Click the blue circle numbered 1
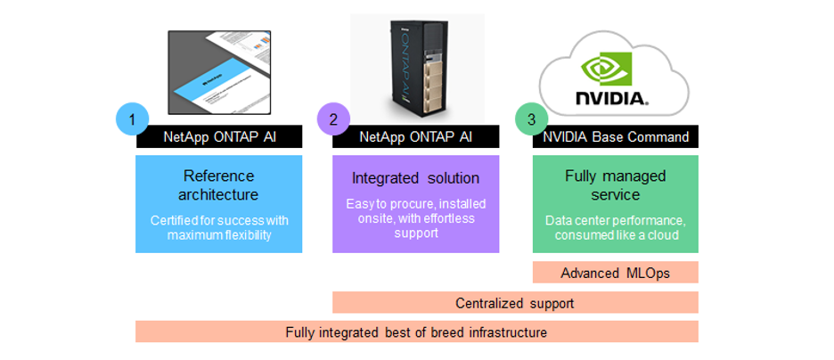pyautogui.click(x=132, y=119)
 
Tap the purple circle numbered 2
pyautogui.click(x=332, y=119)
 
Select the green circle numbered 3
pyautogui.click(x=532, y=119)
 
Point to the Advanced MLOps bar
pyautogui.click(x=615, y=273)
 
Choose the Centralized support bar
pyautogui.click(x=515, y=303)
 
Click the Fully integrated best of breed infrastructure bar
pyautogui.click(x=416, y=332)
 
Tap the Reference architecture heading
pyautogui.click(x=218, y=184)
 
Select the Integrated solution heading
pyautogui.click(x=415, y=179)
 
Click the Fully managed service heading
pyautogui.click(x=615, y=184)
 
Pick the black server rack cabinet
pyautogui.click(x=415, y=67)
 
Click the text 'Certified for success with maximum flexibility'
pyautogui.click(x=218, y=226)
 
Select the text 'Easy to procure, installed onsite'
pyautogui.click(x=415, y=212)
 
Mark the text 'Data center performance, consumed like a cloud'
pyautogui.click(x=615, y=226)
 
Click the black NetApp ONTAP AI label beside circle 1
pyautogui.click(x=219, y=137)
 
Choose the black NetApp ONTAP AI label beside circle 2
pyautogui.click(x=415, y=137)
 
